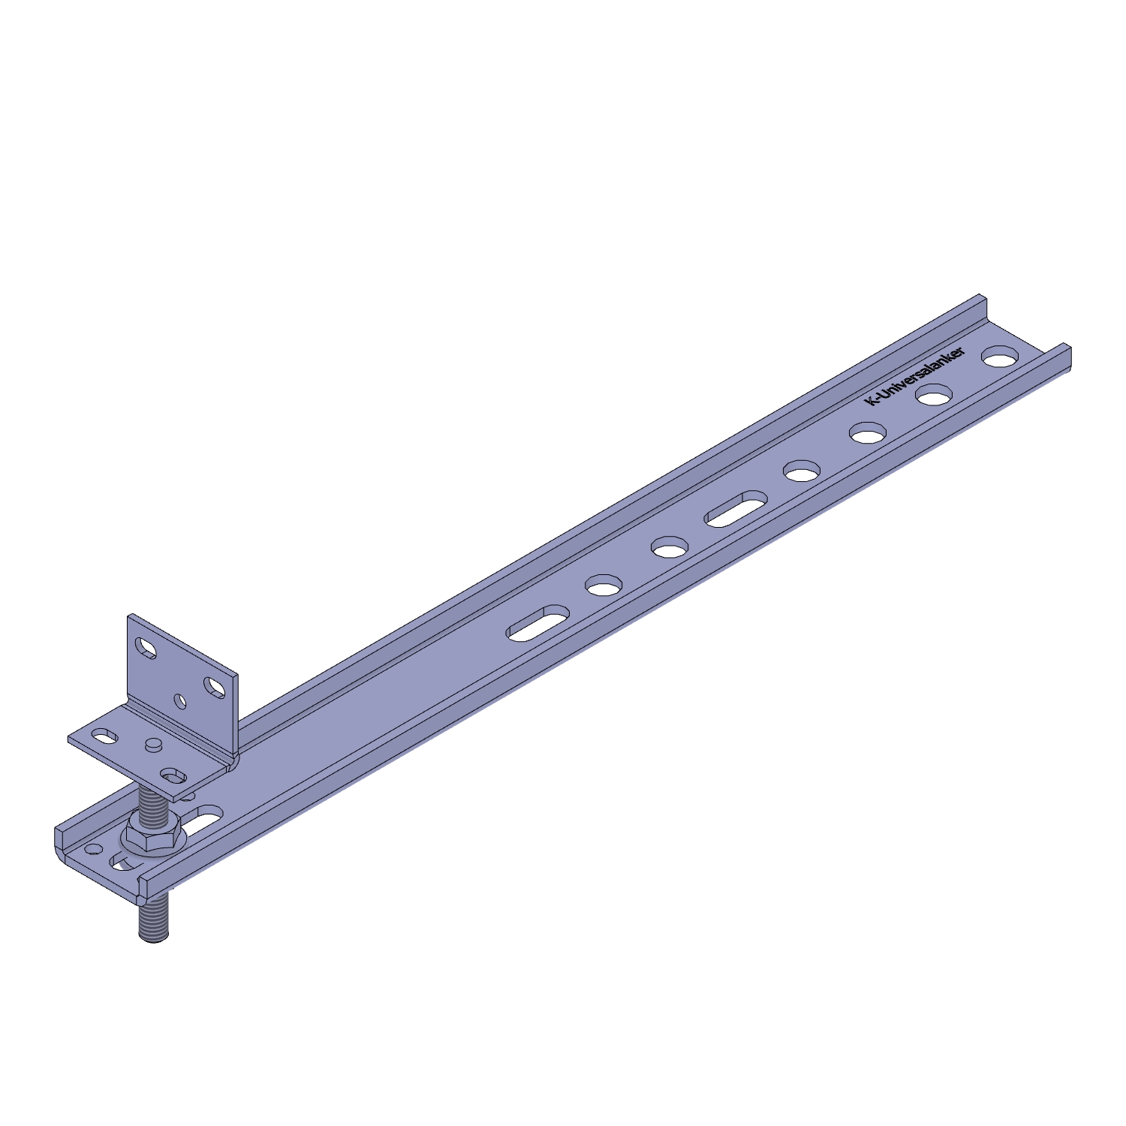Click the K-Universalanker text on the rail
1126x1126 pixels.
point(917,378)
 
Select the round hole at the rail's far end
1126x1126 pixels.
point(999,357)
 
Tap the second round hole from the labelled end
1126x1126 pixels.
point(934,395)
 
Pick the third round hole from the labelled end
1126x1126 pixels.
point(868,433)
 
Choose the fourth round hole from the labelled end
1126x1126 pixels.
point(802,471)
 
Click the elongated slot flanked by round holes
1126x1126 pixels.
point(736,508)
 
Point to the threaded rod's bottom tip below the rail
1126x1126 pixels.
point(154,939)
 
